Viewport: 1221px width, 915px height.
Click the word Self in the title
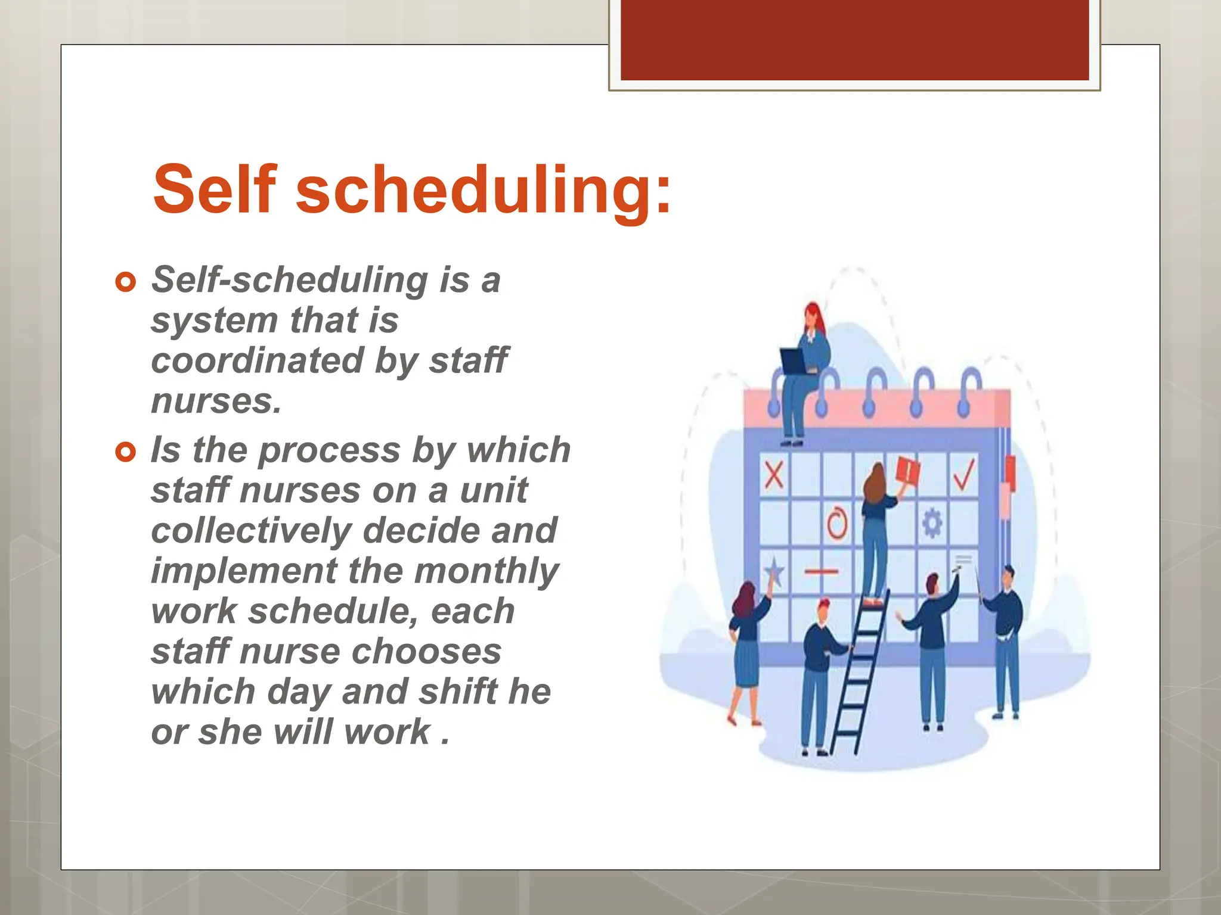point(215,189)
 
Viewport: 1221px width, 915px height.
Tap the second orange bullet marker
point(125,452)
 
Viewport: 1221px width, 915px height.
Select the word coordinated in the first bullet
point(258,360)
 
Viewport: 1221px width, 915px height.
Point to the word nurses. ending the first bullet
point(216,401)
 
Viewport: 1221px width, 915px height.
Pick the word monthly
point(486,571)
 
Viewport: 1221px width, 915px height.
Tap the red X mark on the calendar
point(774,475)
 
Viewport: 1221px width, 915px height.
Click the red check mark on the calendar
point(963,475)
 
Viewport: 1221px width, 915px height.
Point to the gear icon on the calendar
point(932,524)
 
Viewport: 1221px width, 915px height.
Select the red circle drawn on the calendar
point(837,524)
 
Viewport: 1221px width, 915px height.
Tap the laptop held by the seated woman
point(794,361)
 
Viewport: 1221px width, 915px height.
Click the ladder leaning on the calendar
point(859,673)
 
